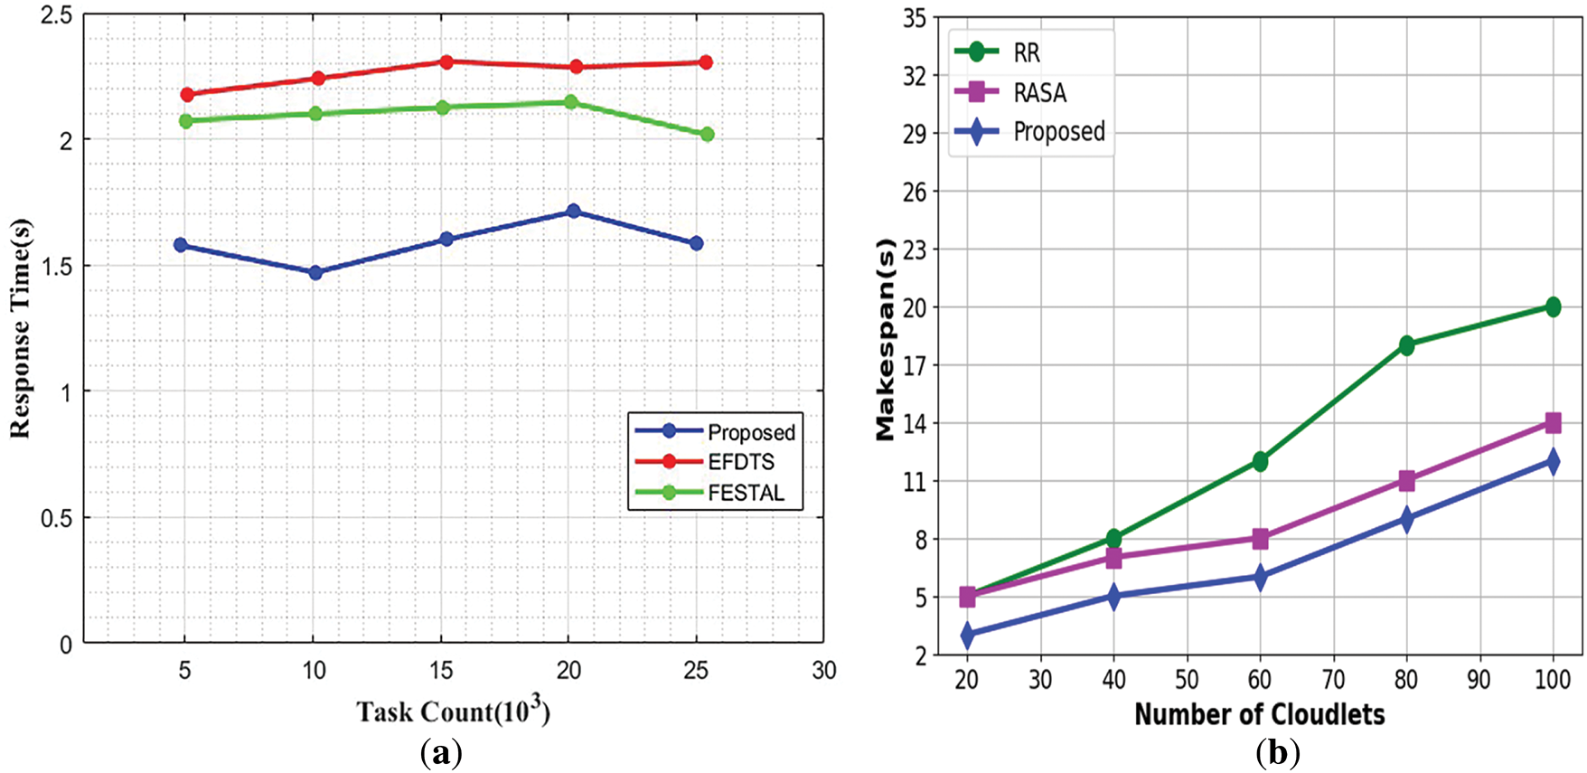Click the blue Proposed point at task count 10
(315, 272)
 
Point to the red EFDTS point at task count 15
(446, 61)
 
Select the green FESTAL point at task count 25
(707, 134)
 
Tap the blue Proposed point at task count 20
(572, 211)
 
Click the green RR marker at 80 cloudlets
(1406, 345)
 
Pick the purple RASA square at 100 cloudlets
(1553, 422)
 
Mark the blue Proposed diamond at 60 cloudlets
(1260, 577)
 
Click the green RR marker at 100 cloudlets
(1553, 307)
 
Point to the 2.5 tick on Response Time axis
(58, 16)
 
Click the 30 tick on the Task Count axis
(823, 671)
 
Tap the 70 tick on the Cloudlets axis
(1333, 680)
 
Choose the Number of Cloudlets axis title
(1259, 715)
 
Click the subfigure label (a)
(441, 752)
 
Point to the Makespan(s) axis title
(886, 340)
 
